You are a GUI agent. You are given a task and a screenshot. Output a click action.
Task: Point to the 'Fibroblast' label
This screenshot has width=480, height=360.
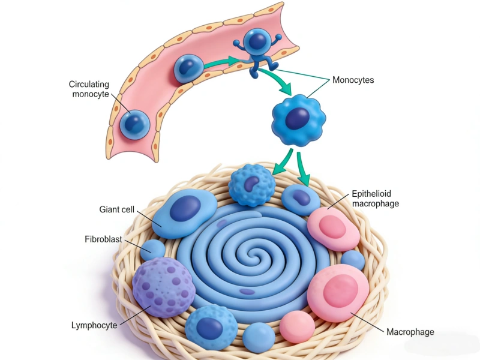tap(103, 239)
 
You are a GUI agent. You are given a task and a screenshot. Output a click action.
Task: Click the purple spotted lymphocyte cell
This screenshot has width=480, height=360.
tap(163, 287)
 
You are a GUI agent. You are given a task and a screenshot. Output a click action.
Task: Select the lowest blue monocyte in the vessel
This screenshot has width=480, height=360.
tap(134, 124)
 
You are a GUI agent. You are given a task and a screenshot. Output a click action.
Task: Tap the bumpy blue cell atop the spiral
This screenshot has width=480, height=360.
tap(252, 185)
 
